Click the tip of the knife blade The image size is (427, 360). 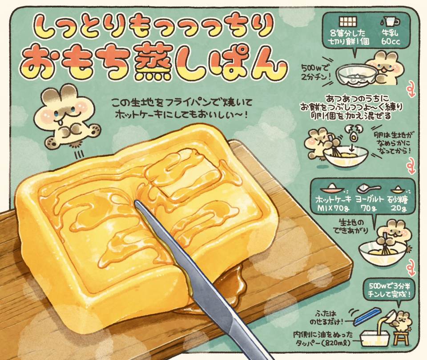136,202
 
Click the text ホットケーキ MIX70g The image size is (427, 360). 333,204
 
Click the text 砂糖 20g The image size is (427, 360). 399,204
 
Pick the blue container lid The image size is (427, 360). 366,316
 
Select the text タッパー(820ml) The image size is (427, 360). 323,341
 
